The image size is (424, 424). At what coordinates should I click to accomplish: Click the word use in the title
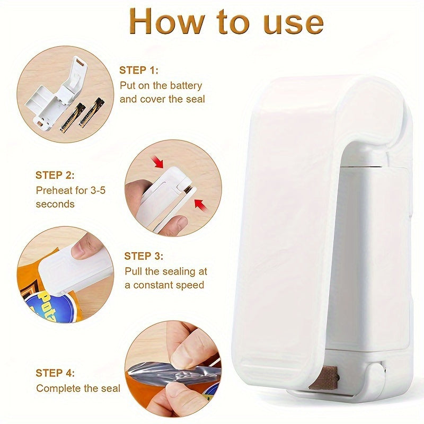pos(290,22)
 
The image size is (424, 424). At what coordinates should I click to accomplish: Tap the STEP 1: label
pos(139,70)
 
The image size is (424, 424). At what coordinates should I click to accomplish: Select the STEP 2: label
pos(55,175)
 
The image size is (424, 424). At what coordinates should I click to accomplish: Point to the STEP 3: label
pos(144,256)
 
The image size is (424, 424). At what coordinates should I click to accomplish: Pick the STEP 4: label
pos(55,373)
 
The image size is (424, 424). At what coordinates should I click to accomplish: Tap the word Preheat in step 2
pos(53,190)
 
